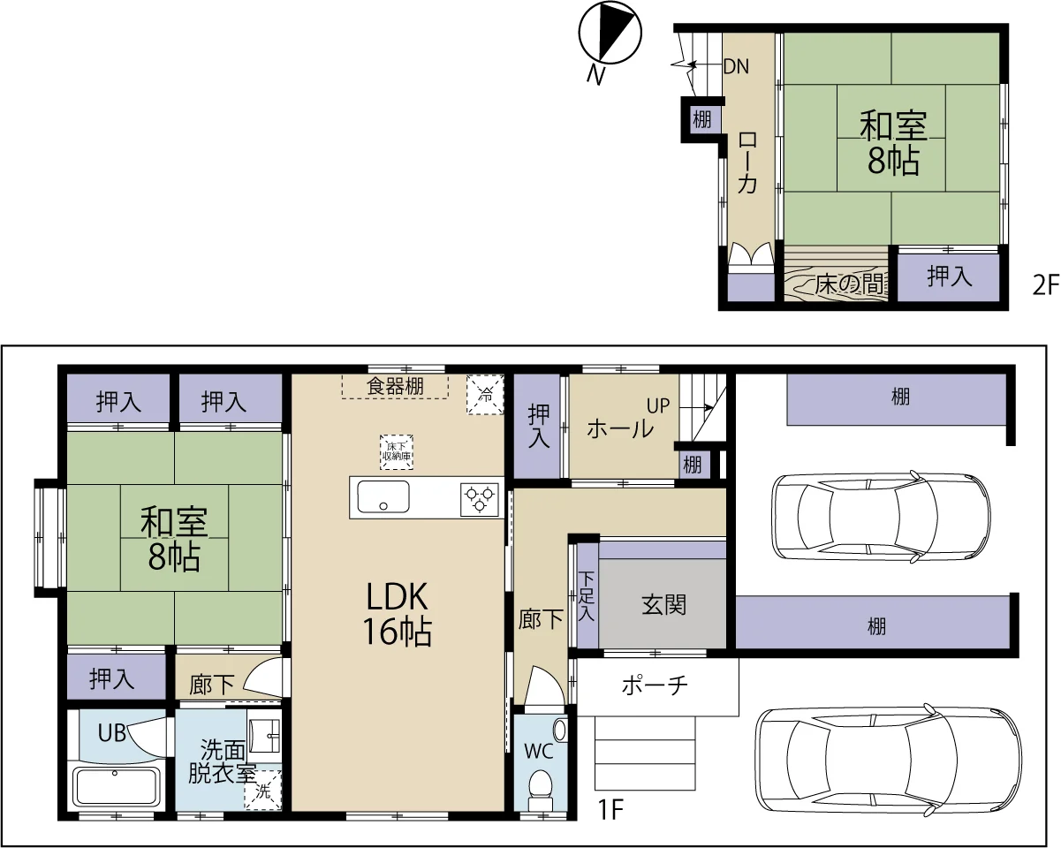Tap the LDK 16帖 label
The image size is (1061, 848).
397,614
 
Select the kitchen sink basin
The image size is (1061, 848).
383,497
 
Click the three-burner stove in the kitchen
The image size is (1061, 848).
479,500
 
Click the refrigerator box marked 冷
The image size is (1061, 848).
486,395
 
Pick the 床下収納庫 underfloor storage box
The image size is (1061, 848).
397,452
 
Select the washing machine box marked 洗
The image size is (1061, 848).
262,791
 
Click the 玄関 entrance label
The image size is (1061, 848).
663,605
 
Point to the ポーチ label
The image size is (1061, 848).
655,685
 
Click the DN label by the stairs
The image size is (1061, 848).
736,66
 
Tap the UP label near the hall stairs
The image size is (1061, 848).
658,405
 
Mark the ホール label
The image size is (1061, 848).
620,428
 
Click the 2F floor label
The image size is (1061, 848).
1046,285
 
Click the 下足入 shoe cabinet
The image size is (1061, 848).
587,595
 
